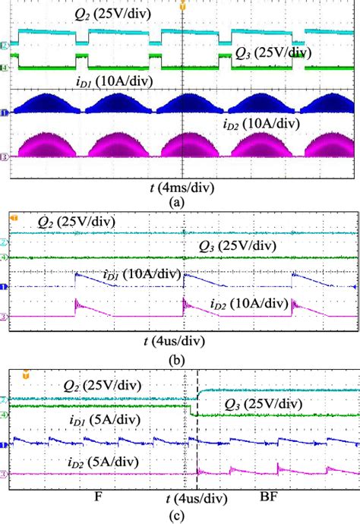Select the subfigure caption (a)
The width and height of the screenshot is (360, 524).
pos(178,203)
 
